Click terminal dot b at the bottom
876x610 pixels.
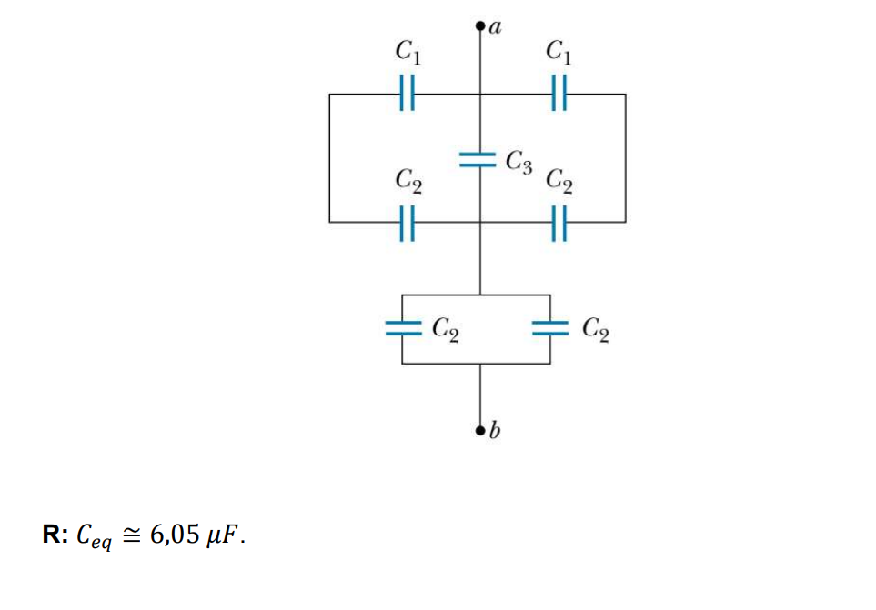(x=480, y=428)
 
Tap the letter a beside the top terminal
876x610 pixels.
(x=497, y=27)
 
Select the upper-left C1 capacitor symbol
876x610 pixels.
(x=408, y=93)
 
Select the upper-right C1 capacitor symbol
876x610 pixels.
(x=559, y=93)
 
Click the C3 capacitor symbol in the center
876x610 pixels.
(x=480, y=161)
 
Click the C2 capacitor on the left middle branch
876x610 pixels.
(x=408, y=222)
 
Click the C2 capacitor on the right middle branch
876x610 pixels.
(x=559, y=222)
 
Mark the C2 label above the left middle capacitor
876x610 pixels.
(x=408, y=180)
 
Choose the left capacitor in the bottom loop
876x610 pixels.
(x=402, y=328)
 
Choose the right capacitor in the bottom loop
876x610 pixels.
(x=550, y=328)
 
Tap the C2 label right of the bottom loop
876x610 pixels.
(x=595, y=327)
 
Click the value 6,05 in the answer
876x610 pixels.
(x=174, y=535)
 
